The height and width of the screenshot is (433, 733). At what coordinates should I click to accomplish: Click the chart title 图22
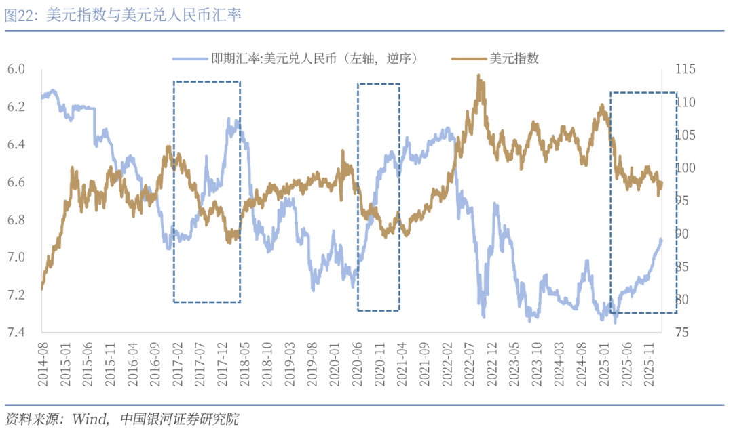coord(122,16)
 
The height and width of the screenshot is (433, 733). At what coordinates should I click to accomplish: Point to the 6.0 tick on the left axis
coord(16,69)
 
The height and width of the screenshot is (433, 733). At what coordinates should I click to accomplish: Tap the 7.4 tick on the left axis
coord(16,333)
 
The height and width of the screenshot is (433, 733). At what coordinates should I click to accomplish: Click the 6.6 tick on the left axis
coord(16,182)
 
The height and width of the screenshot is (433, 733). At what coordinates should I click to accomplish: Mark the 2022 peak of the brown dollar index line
coord(478,76)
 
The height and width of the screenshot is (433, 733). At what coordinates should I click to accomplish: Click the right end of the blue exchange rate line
coord(661,239)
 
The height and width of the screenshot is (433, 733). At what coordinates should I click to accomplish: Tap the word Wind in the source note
coord(86,419)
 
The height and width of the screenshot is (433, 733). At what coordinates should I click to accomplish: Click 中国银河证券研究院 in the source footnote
coord(178,419)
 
